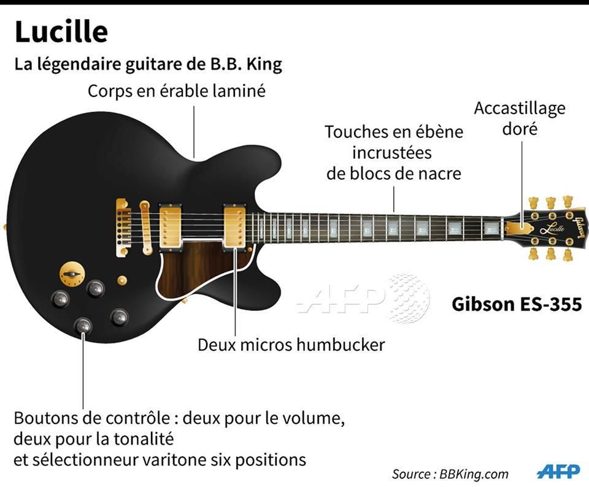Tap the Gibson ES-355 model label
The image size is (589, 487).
(517, 304)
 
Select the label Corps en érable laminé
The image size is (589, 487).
(177, 91)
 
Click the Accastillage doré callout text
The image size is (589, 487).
(520, 118)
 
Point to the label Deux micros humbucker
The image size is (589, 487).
(291, 345)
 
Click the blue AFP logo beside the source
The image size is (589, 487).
(558, 472)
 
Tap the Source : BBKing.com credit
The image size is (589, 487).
(450, 474)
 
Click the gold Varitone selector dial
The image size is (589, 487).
(72, 274)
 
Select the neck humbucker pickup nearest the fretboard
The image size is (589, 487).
(235, 226)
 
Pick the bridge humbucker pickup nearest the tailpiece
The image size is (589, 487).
(171, 226)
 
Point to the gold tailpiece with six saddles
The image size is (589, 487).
(123, 228)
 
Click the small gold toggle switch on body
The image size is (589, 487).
(121, 280)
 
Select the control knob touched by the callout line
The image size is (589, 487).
(83, 326)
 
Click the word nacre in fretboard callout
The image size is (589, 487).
(441, 174)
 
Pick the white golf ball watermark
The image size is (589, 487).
(409, 299)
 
